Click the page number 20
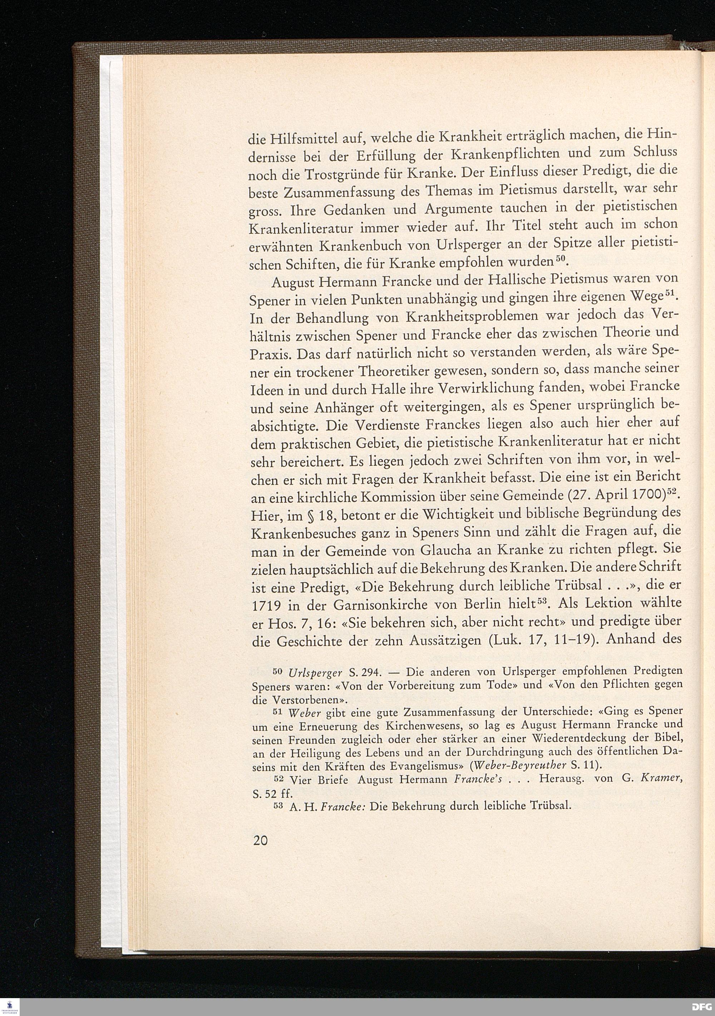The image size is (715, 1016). point(260,840)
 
